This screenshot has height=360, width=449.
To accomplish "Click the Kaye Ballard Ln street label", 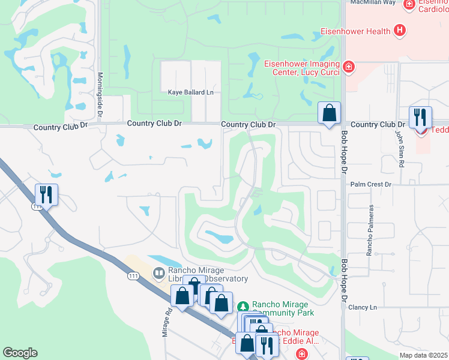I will click(190, 92).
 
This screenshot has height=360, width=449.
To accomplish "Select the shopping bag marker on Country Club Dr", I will click(329, 113).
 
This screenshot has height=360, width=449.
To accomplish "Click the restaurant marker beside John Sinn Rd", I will click(420, 118).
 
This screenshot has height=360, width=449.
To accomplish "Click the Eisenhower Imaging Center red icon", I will click(348, 67).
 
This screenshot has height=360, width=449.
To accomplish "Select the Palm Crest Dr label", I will click(370, 184).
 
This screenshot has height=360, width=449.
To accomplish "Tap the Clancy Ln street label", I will click(363, 307).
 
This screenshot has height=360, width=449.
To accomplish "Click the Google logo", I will click(20, 353).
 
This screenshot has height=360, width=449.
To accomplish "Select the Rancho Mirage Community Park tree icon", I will click(243, 307).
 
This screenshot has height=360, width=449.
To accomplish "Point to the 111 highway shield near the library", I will click(133, 276).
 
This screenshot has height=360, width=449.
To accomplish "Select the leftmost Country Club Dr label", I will click(61, 127).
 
